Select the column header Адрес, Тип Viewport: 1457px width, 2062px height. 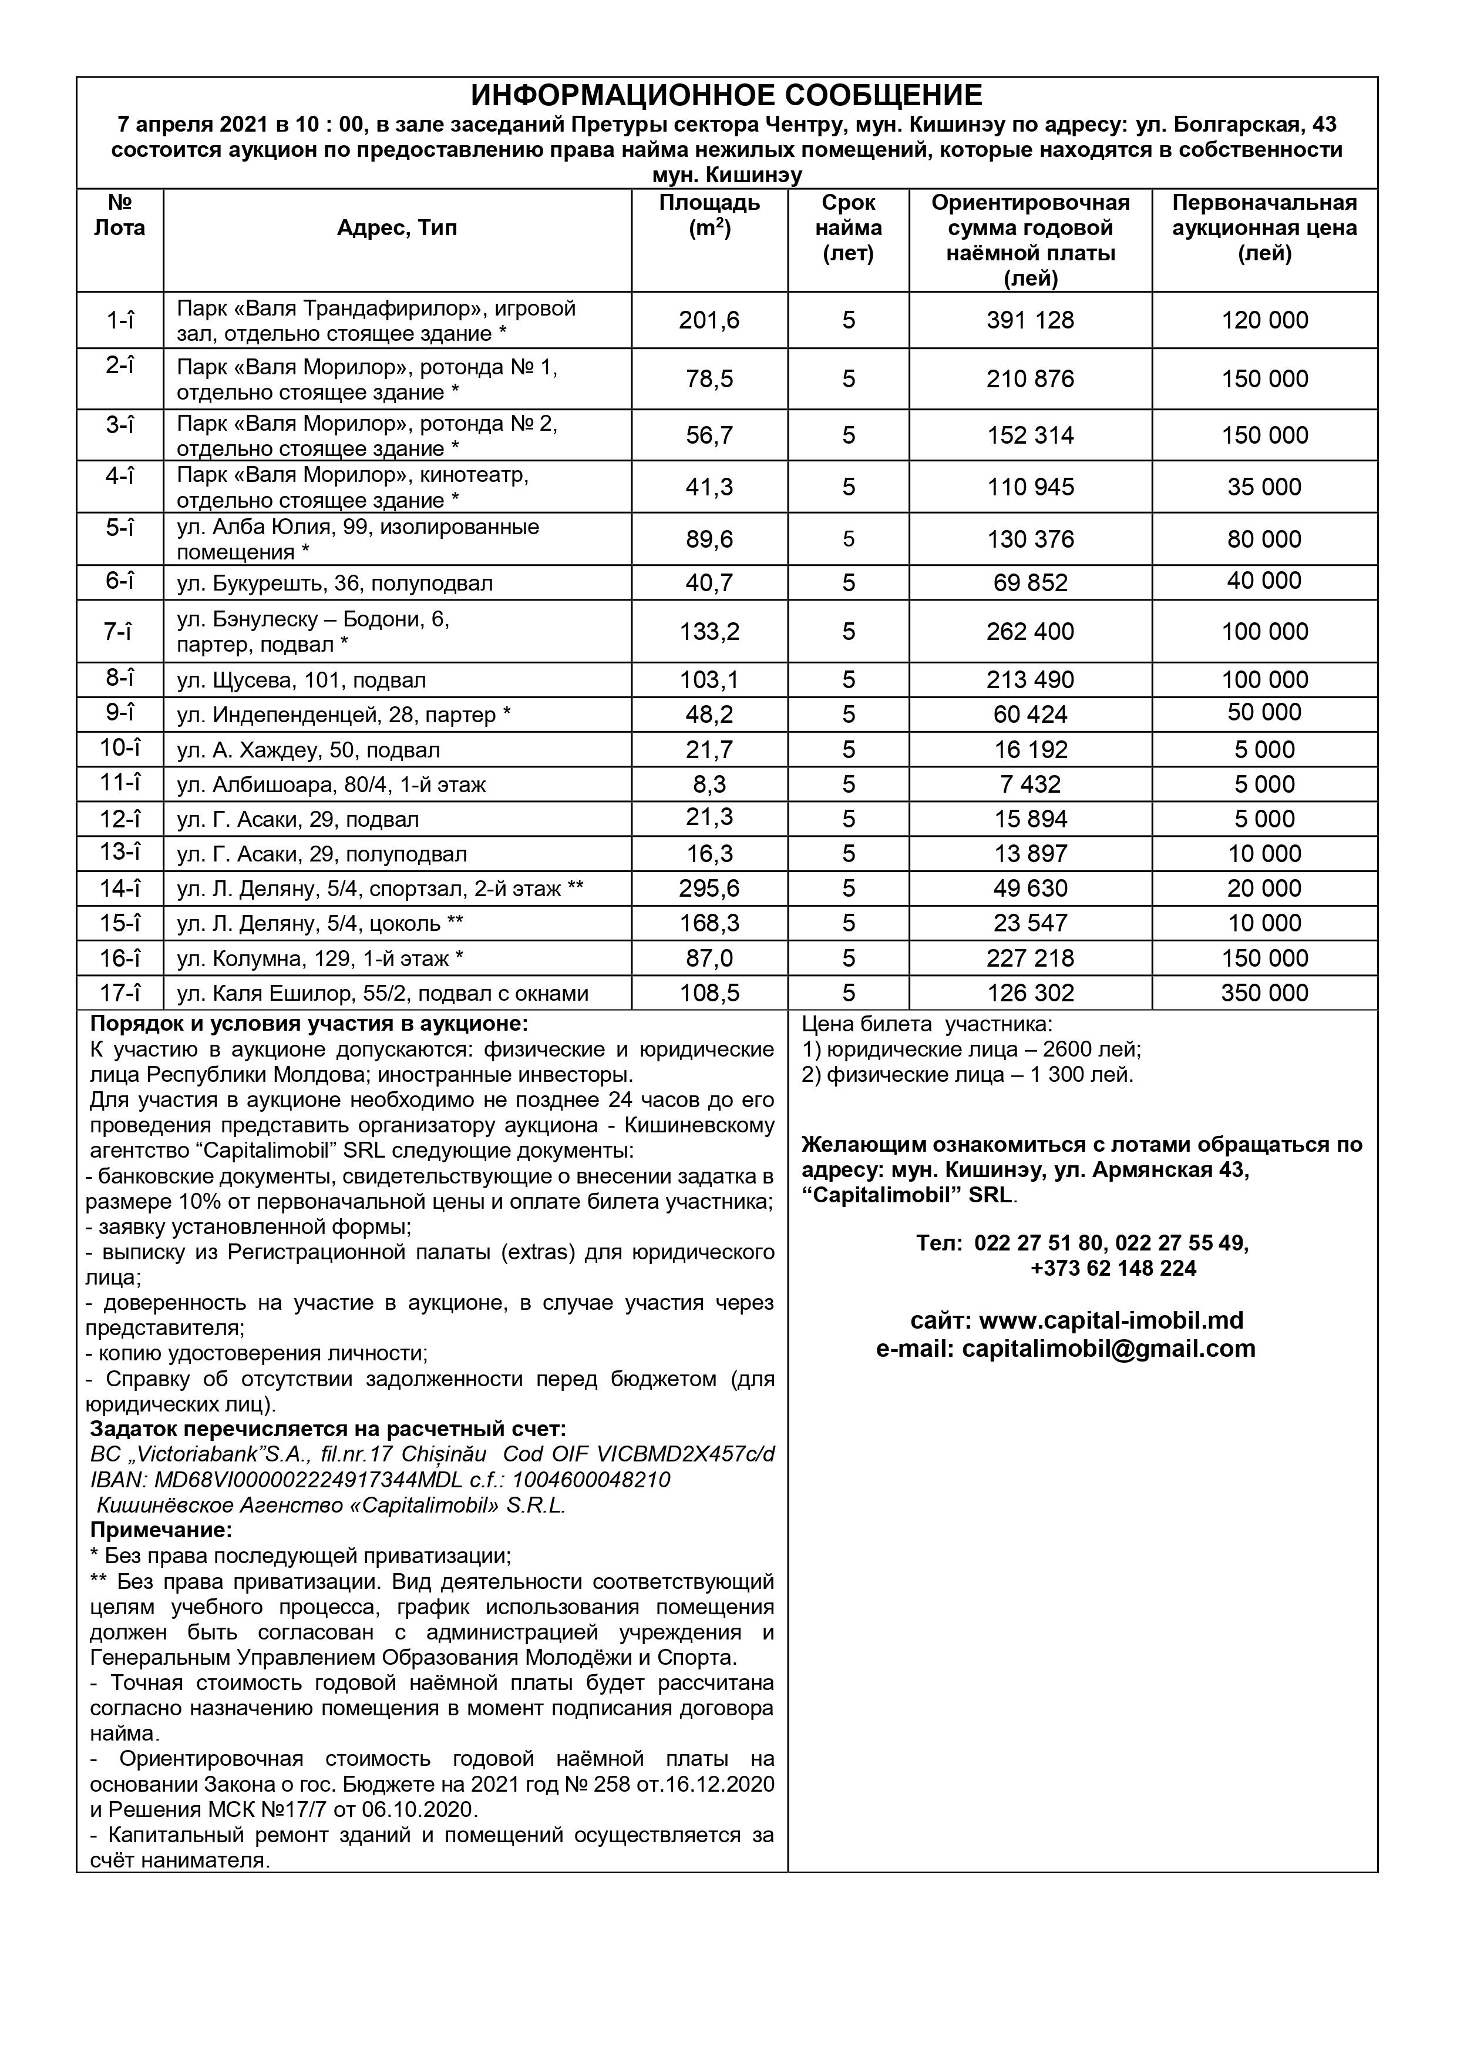click(397, 228)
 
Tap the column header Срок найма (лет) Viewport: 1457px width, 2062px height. click(849, 228)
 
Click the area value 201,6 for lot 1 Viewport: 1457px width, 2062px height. click(709, 321)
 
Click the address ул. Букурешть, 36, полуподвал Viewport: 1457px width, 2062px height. click(335, 584)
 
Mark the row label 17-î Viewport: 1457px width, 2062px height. click(119, 993)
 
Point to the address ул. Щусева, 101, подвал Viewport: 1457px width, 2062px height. click(302, 680)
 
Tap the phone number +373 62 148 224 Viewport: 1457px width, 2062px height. click(1113, 1268)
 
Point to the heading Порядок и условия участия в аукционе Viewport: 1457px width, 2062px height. click(309, 1024)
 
